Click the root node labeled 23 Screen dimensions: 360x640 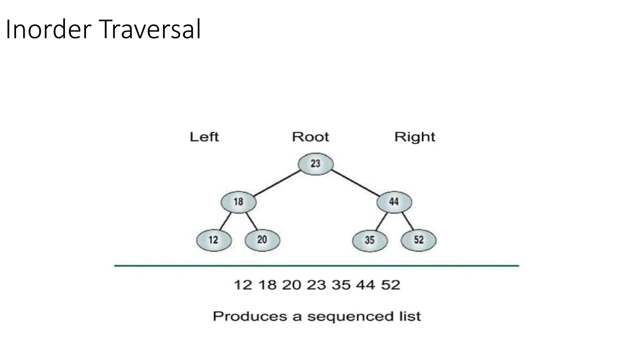click(316, 164)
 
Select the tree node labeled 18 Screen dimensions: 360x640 click(238, 202)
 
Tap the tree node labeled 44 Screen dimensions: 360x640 click(394, 202)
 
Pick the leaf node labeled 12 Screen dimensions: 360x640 click(214, 240)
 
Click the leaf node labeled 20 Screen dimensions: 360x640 click(262, 240)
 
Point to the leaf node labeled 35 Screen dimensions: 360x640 click(370, 240)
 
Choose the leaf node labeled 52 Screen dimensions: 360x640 click(418, 240)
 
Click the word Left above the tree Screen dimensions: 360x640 click(204, 137)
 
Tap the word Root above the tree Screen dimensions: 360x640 click(310, 137)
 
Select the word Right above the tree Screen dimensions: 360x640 click(415, 137)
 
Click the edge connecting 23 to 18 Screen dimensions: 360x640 click(277, 183)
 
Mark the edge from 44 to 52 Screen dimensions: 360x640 click(407, 221)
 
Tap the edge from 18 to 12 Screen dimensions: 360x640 click(225, 221)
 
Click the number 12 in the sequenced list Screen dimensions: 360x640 click(243, 285)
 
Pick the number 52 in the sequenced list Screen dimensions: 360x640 click(390, 285)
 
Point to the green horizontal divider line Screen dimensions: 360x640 click(316, 266)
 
